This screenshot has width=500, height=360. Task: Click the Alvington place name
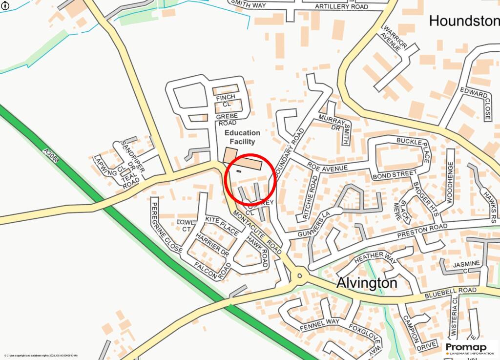(x=367, y=283)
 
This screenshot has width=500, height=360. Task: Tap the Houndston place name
(x=464, y=21)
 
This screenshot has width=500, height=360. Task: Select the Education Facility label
(x=242, y=137)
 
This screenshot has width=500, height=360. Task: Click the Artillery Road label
(x=341, y=6)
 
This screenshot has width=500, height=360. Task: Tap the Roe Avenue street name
(x=328, y=168)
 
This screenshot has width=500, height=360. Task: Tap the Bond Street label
(x=394, y=174)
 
